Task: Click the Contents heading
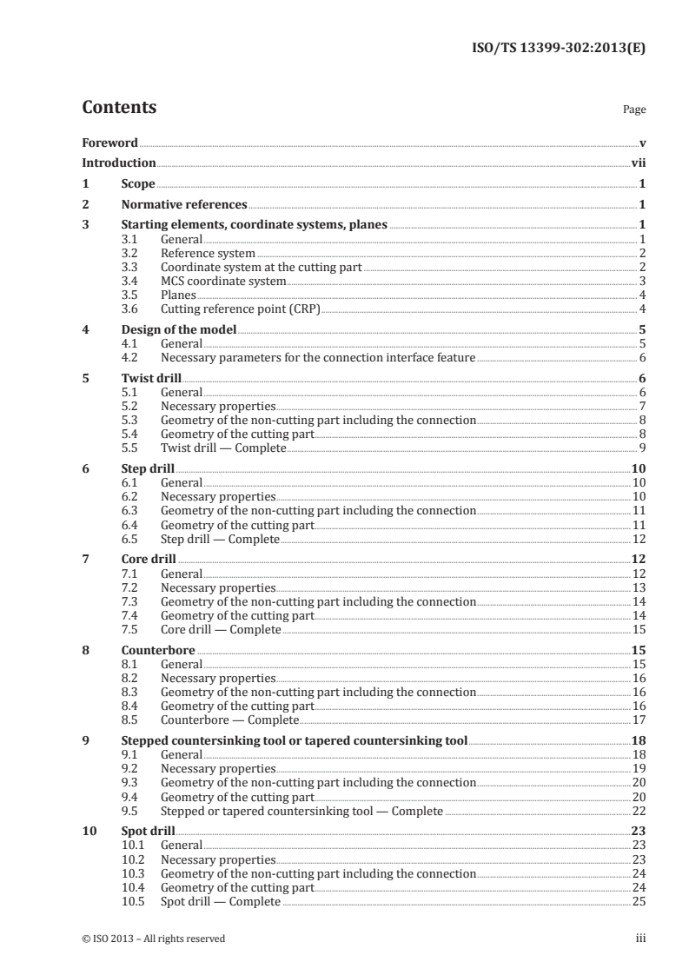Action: (119, 108)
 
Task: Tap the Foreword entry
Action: (109, 142)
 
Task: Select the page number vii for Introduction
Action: (638, 162)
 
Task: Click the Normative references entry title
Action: (184, 205)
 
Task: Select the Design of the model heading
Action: (178, 329)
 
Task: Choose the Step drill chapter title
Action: (148, 469)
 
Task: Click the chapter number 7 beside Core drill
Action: (85, 560)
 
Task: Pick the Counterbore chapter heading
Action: (158, 650)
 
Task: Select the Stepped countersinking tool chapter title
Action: (294, 741)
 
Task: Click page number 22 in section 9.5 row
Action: (639, 812)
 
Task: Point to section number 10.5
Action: (134, 902)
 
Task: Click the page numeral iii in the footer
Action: (640, 939)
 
